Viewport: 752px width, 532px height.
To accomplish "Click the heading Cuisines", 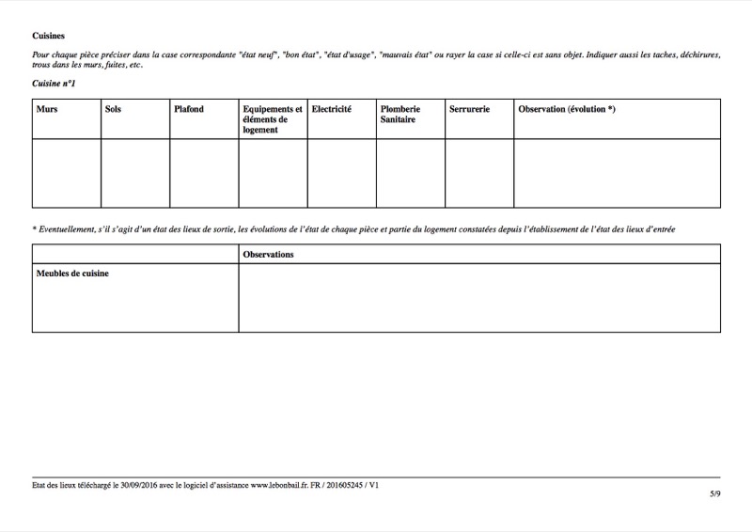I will pos(48,35).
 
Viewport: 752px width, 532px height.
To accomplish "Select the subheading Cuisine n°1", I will pos(54,84).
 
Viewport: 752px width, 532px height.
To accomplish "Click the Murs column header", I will pos(47,110).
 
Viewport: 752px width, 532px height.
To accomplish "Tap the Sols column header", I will pos(114,110).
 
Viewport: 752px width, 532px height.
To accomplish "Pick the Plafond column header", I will pos(189,110).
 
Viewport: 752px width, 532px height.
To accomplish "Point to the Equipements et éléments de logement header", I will pos(272,119).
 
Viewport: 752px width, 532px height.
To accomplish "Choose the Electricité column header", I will pos(332,110).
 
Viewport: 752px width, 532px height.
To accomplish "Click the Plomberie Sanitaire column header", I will pos(400,115).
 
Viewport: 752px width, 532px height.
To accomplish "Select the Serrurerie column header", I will pos(470,110).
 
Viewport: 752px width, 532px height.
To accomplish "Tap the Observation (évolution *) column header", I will pos(567,110).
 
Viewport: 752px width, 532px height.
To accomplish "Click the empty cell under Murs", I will pos(66,173).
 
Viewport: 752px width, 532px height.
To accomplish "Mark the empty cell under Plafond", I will pos(204,173).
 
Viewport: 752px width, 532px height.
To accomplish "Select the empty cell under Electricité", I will pos(342,173).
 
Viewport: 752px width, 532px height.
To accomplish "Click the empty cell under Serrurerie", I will pos(479,173).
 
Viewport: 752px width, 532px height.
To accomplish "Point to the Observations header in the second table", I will pos(268,255).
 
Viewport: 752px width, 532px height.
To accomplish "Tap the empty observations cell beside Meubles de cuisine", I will pos(479,298).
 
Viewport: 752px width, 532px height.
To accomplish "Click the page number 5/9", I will pos(715,493).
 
